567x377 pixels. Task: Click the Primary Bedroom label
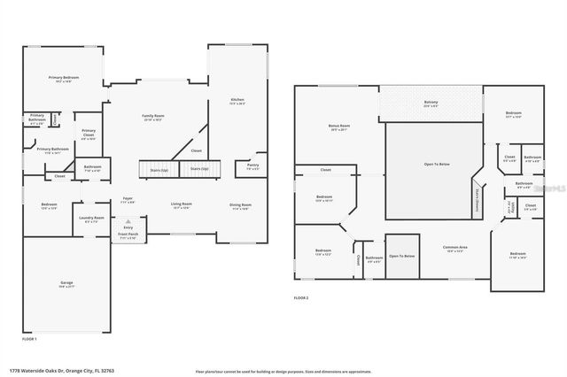(x=63, y=78)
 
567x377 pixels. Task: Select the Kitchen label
(x=237, y=100)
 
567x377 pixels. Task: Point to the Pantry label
(x=252, y=165)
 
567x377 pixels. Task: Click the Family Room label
(x=153, y=117)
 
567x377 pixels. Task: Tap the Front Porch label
(x=127, y=236)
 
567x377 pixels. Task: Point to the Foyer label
(x=128, y=199)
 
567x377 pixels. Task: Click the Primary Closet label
(x=89, y=135)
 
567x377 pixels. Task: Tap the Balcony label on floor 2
(x=431, y=103)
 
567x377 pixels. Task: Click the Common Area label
(x=455, y=250)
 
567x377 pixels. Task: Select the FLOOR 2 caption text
(x=302, y=298)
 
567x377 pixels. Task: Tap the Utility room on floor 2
(x=511, y=208)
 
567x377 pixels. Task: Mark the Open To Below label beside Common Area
(x=401, y=256)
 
